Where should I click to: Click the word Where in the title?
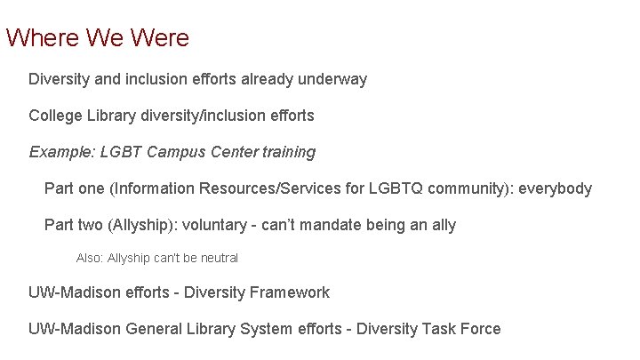pyautogui.click(x=42, y=38)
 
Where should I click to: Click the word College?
pyautogui.click(x=56, y=116)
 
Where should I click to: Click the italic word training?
pyautogui.click(x=286, y=152)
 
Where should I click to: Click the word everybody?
pyautogui.click(x=555, y=188)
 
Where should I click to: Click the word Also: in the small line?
pyautogui.click(x=90, y=258)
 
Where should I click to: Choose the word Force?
pyautogui.click(x=480, y=329)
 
